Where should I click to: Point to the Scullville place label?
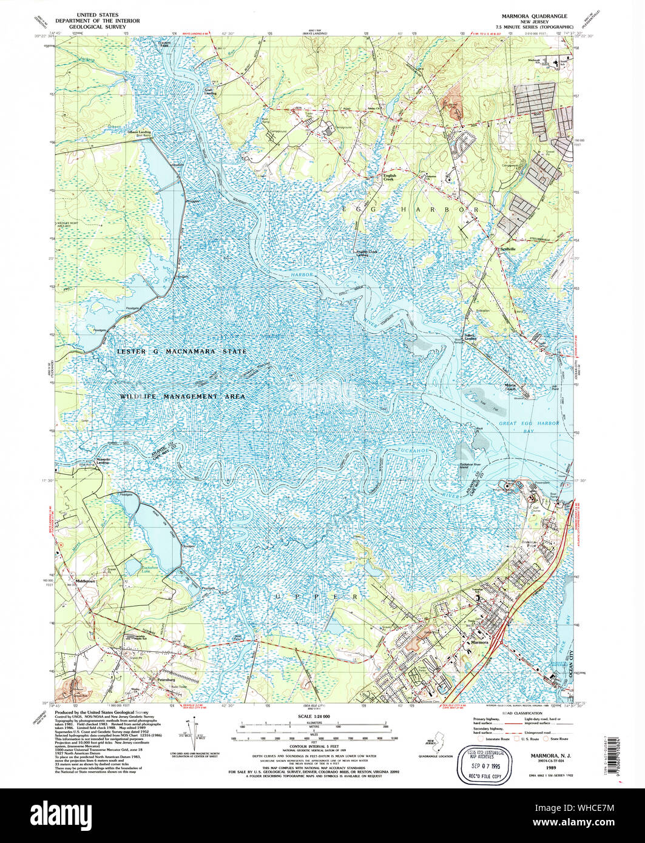[x=507, y=249]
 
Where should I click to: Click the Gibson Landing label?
[x=138, y=131]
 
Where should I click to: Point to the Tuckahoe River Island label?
[x=474, y=465]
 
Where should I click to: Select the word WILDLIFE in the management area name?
[x=143, y=396]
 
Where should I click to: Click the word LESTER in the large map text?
[x=133, y=352]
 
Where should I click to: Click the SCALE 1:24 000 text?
[x=314, y=716]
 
